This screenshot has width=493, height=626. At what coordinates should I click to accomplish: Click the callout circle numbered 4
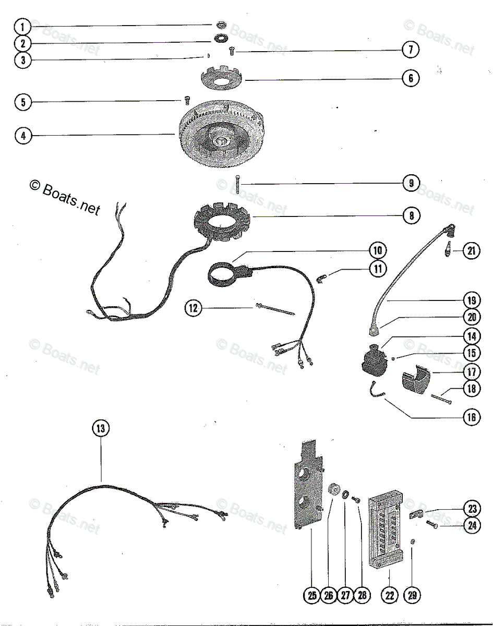tap(23, 136)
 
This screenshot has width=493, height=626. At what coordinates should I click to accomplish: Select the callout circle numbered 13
tap(101, 429)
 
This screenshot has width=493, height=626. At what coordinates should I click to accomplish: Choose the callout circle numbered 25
tap(312, 595)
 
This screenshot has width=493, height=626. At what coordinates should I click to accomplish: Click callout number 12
tap(194, 308)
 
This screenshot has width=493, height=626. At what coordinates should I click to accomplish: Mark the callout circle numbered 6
tap(411, 79)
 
